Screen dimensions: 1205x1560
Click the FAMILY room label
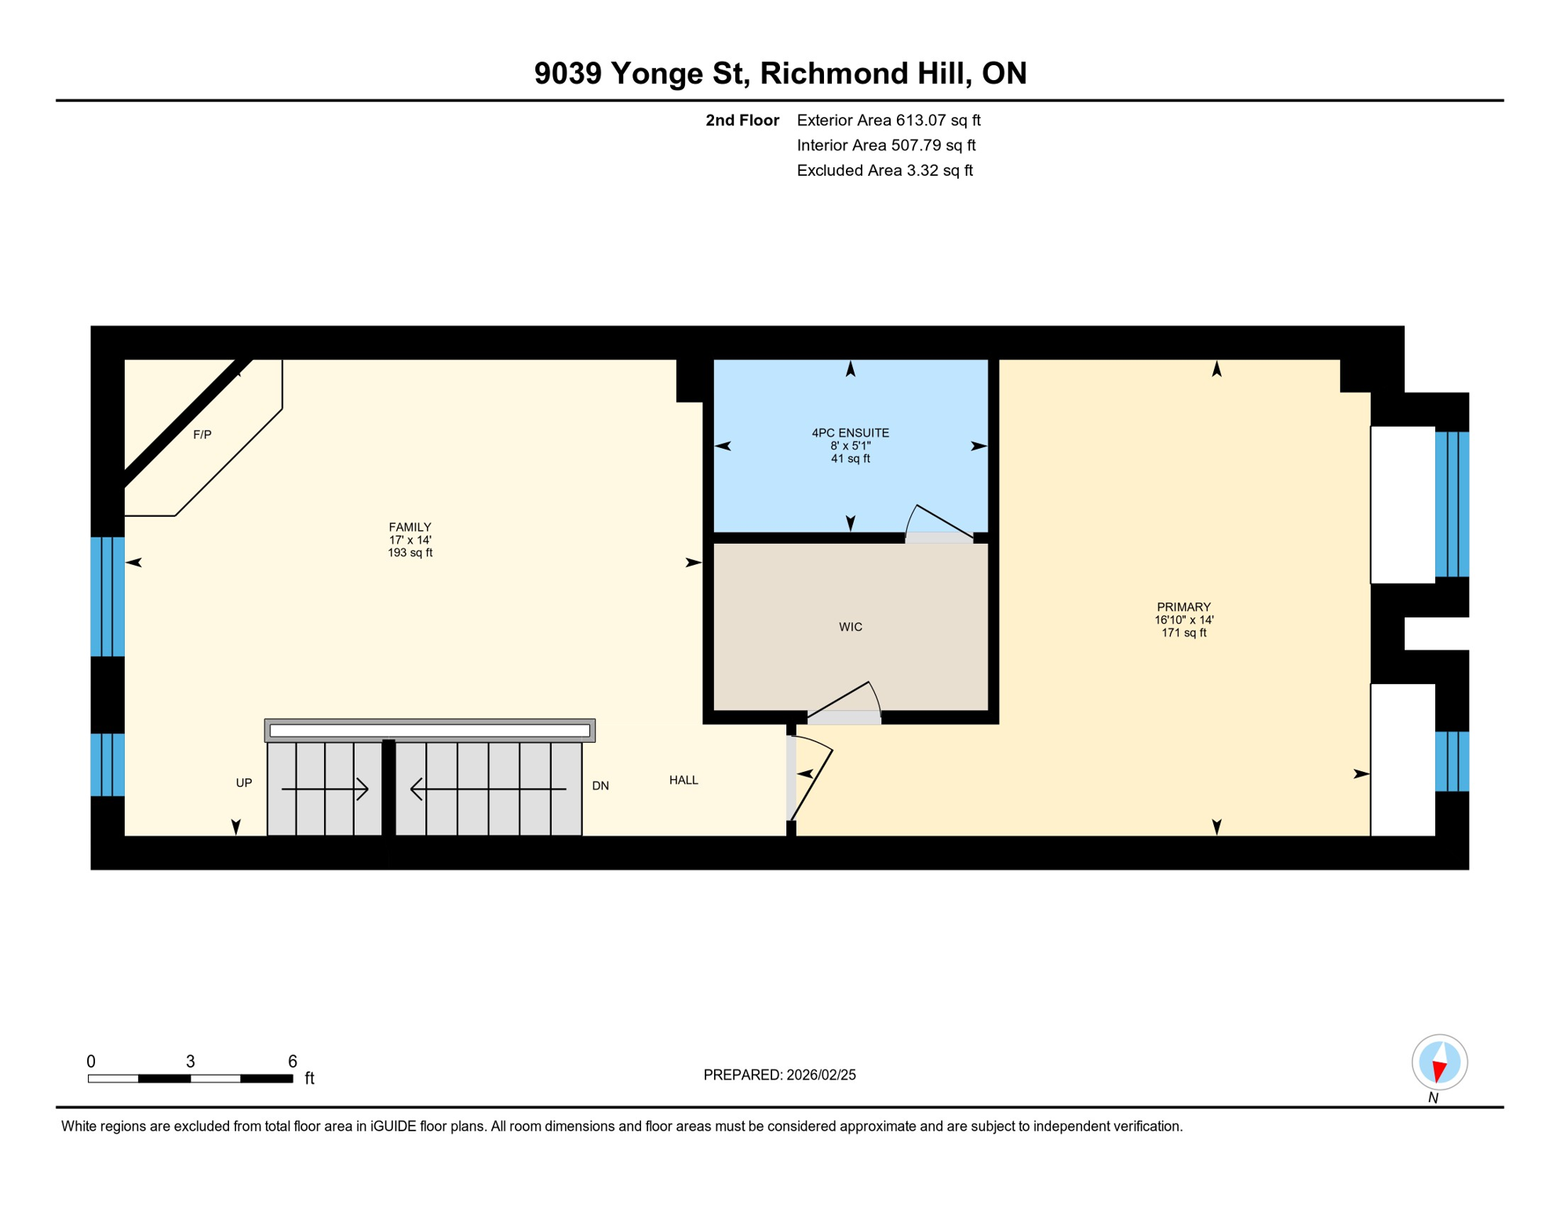pyautogui.click(x=410, y=527)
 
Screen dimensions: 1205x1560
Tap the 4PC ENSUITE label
pyautogui.click(x=850, y=433)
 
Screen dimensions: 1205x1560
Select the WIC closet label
pyautogui.click(x=850, y=627)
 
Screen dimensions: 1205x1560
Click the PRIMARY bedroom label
pyautogui.click(x=1183, y=607)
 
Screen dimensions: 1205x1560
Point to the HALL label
pyautogui.click(x=683, y=780)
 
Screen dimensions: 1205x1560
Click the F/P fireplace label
pyautogui.click(x=202, y=435)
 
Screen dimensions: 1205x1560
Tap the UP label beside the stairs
pyautogui.click(x=244, y=783)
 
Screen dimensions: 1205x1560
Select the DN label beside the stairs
pyautogui.click(x=600, y=786)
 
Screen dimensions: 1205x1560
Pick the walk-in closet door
pyautogui.click(x=844, y=703)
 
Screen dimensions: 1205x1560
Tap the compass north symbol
pyautogui.click(x=1439, y=1063)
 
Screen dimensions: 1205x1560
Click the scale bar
pyautogui.click(x=191, y=1079)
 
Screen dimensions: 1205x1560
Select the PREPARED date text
pyautogui.click(x=779, y=1075)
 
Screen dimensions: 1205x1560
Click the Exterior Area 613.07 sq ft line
pyautogui.click(x=888, y=121)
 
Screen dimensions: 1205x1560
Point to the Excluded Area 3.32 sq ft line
pyautogui.click(x=884, y=171)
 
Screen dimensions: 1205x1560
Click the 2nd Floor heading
pyautogui.click(x=742, y=121)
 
